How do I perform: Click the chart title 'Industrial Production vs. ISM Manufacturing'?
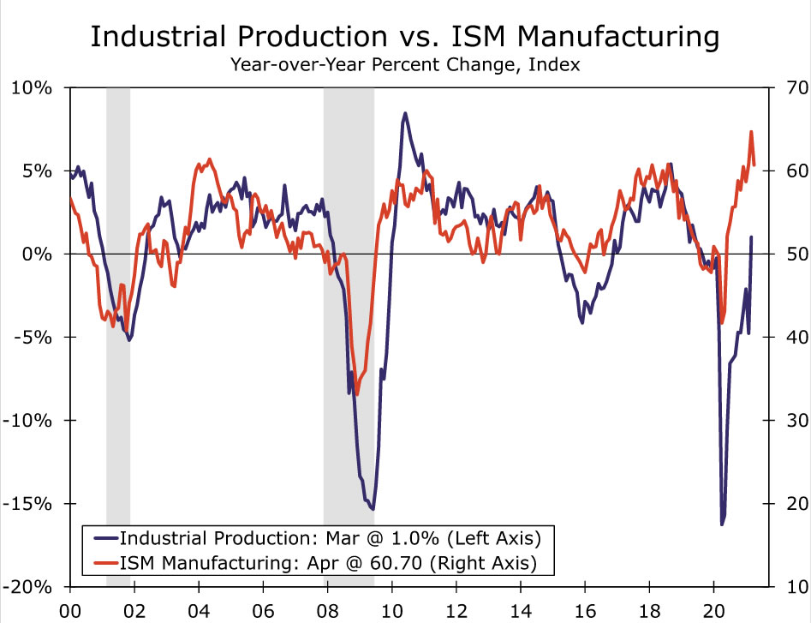[x=405, y=37]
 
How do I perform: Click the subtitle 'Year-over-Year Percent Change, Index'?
[x=405, y=65]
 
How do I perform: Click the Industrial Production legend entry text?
[x=331, y=538]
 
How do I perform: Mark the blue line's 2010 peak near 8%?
[x=405, y=113]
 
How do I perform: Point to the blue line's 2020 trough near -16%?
[x=722, y=524]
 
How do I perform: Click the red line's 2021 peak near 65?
[x=751, y=132]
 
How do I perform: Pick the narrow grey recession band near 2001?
[x=118, y=343]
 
